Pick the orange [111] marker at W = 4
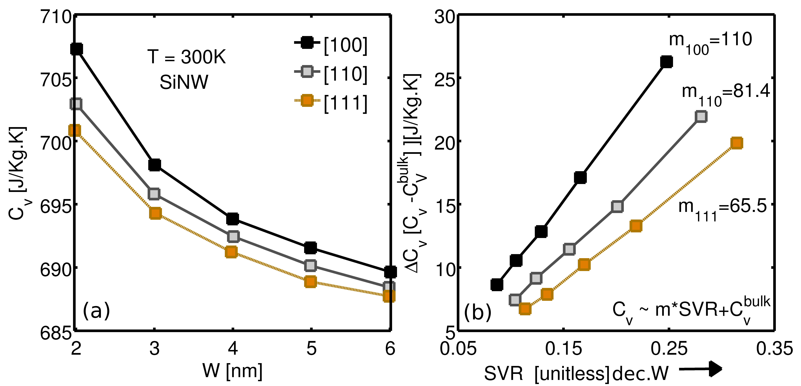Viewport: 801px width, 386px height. (231, 252)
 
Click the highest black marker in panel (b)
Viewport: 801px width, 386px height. (666, 62)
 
